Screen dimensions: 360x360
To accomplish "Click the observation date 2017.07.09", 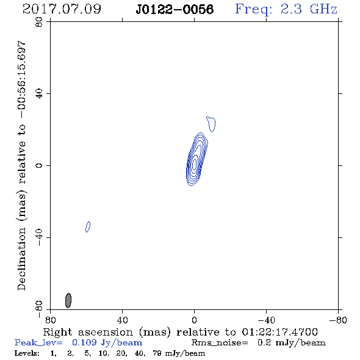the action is click(62, 9).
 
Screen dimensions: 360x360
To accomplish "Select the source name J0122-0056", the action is click(175, 9).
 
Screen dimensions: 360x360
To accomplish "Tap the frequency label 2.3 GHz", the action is click(309, 9).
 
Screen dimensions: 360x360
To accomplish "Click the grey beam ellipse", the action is click(68, 300).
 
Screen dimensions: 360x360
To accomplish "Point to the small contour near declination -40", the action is click(88, 227).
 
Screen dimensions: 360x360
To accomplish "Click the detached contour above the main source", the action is click(211, 124).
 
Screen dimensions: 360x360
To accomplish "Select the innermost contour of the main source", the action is click(195, 164).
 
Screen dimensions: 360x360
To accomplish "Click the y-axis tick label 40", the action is click(39, 94).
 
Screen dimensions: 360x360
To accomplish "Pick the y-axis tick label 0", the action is click(39, 165).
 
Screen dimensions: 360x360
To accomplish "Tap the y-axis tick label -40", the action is click(39, 237).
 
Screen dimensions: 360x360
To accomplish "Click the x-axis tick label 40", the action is click(122, 320).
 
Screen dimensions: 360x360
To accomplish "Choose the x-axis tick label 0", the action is click(194, 320).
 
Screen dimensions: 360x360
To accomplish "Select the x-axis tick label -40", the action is click(266, 320).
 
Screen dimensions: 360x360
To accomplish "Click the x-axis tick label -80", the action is click(338, 320).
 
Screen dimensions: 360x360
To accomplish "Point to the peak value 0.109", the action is click(84, 342).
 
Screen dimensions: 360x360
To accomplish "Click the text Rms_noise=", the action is click(220, 343).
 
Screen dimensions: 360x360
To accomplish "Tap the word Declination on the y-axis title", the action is click(21, 259).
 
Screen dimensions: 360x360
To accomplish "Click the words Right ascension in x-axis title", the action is click(88, 333).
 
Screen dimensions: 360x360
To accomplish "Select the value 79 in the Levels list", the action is click(157, 353).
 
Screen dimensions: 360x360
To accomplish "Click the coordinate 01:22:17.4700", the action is click(279, 332).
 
